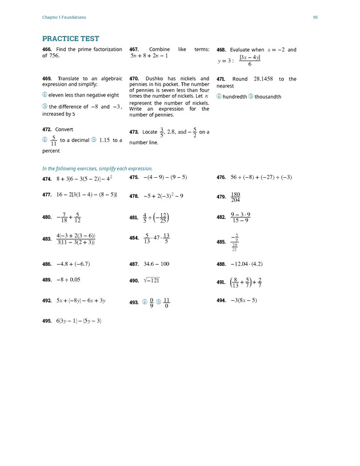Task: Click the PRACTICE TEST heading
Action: click(70, 39)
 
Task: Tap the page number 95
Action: click(315, 17)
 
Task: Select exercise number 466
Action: click(47, 50)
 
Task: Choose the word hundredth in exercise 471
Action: click(235, 97)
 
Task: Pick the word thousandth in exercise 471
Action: click(268, 97)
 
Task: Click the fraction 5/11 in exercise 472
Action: click(53, 140)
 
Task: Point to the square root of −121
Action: click(152, 280)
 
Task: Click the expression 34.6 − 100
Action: click(157, 264)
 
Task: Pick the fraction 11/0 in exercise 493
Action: click(166, 302)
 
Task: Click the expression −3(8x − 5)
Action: click(244, 300)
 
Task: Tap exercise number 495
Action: click(47, 321)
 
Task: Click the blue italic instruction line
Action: click(98, 169)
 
